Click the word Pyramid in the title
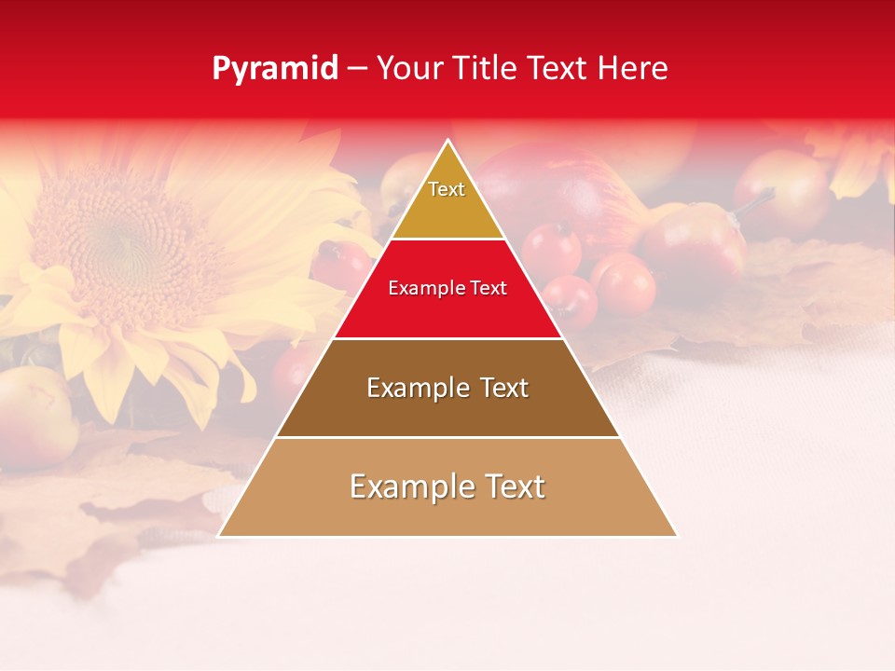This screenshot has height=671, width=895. click(275, 69)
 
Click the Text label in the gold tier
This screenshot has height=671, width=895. click(447, 189)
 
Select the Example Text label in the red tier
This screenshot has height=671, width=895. click(447, 288)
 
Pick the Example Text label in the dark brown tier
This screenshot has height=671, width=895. click(447, 388)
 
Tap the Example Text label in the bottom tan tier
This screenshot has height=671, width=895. click(447, 486)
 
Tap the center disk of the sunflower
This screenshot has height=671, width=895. click(121, 238)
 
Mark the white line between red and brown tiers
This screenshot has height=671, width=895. click(447, 338)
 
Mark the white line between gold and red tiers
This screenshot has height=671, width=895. click(447, 240)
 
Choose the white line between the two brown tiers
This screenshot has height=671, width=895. click(447, 437)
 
